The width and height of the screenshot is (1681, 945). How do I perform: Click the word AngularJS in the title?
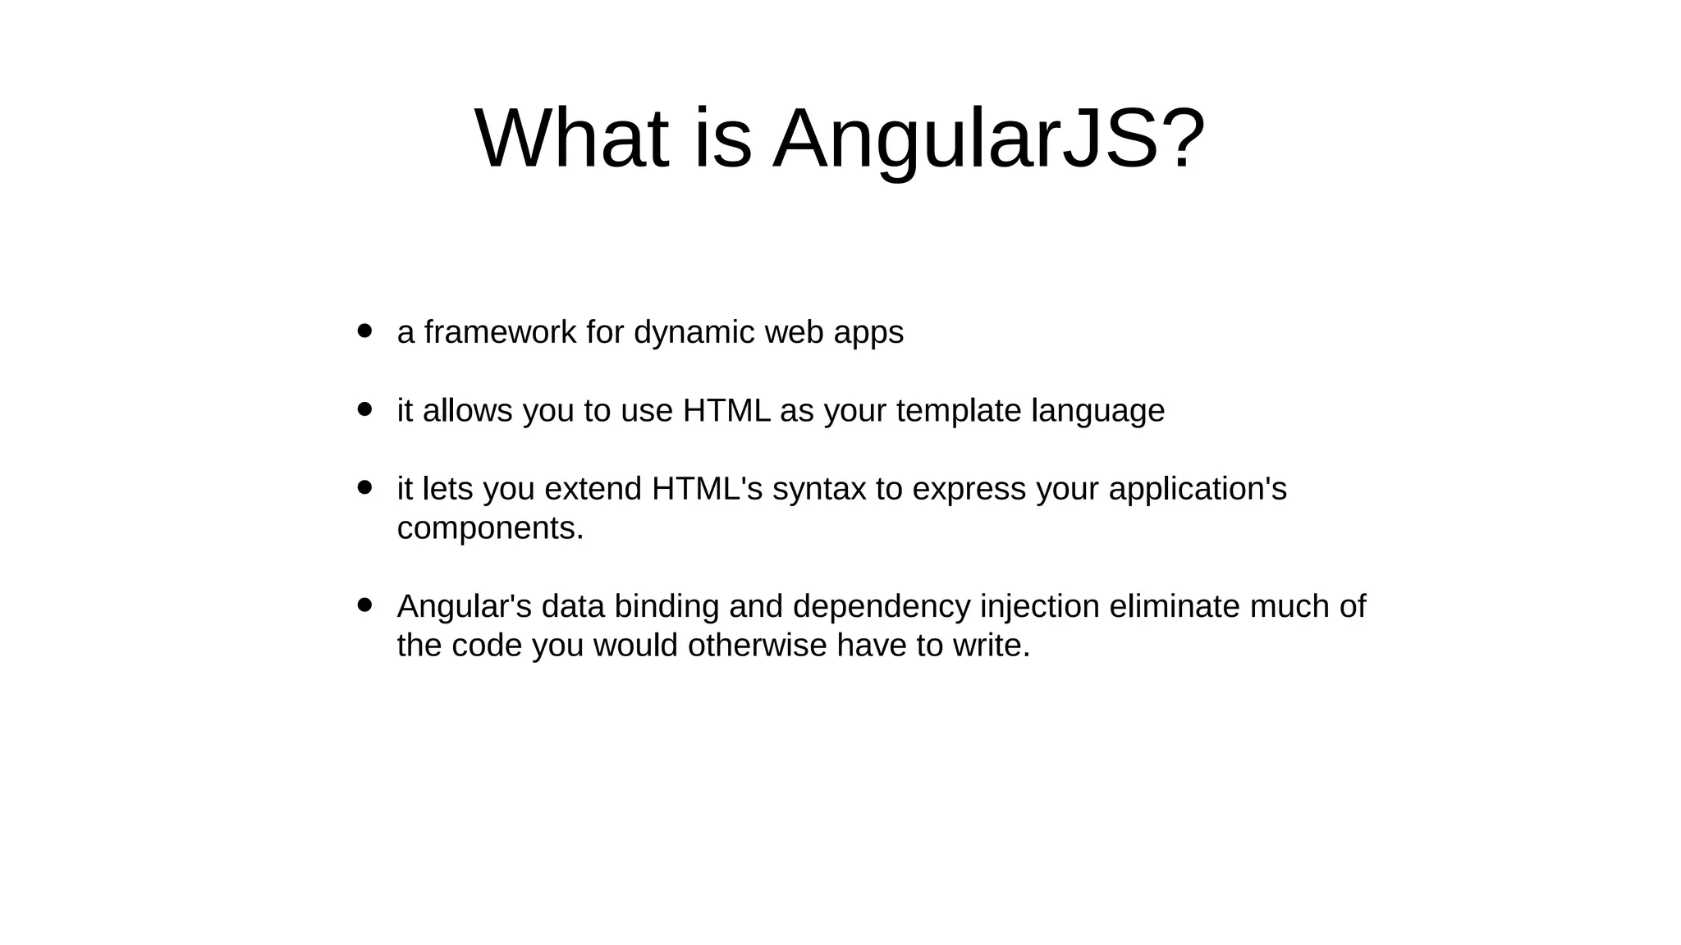[x=989, y=139]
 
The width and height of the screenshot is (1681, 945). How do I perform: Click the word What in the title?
[x=572, y=139]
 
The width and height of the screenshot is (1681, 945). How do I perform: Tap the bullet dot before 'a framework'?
[x=365, y=331]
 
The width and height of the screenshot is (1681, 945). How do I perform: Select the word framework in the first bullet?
[x=500, y=332]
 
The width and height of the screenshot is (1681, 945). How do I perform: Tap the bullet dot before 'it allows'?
[x=365, y=409]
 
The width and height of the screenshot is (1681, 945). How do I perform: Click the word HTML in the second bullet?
[x=726, y=410]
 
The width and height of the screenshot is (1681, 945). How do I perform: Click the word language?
[x=1097, y=411]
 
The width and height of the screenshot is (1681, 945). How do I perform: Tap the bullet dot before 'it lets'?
[x=365, y=487]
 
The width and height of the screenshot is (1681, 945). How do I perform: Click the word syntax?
[x=819, y=490]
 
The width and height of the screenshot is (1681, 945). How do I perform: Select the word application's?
[x=1198, y=490]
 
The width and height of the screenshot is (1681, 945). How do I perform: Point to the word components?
[x=490, y=528]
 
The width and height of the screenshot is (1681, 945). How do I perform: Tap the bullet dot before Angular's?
[x=365, y=605]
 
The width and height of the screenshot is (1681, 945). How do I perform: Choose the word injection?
[x=1040, y=607]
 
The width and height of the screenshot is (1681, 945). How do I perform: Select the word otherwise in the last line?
[x=757, y=646]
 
